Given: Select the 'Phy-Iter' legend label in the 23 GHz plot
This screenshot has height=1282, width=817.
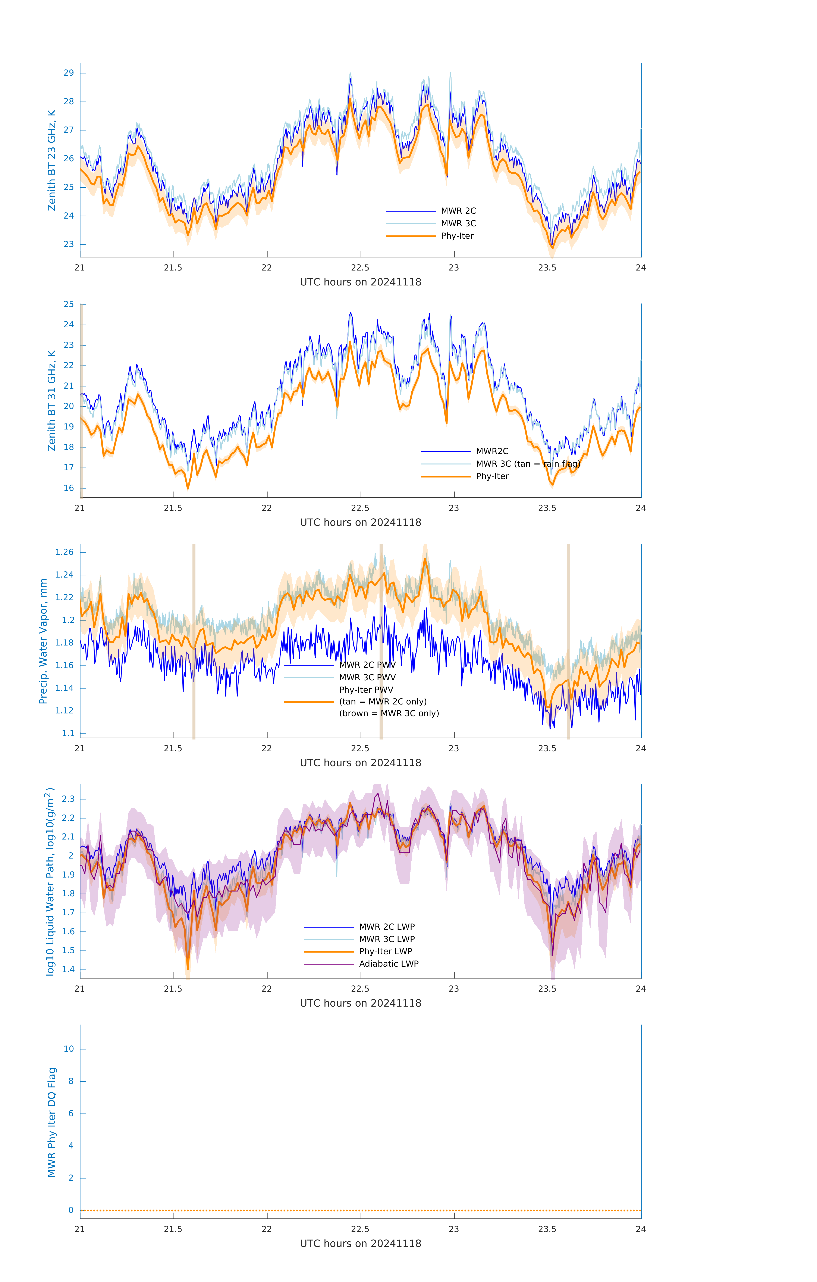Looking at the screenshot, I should [457, 236].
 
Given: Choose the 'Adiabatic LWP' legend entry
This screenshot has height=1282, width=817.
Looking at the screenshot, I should [389, 964].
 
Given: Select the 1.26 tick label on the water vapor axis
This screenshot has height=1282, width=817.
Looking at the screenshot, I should [65, 552].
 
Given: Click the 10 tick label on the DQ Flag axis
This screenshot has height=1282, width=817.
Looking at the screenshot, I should [69, 1049].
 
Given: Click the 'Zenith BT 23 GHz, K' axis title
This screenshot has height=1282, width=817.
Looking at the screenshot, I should [52, 160].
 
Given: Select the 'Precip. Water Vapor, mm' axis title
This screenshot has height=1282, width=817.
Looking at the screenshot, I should [43, 641].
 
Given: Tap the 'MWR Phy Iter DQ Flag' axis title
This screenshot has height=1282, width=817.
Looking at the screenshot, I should [52, 1122].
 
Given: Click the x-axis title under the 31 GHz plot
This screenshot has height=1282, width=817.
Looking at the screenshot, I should [360, 522].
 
